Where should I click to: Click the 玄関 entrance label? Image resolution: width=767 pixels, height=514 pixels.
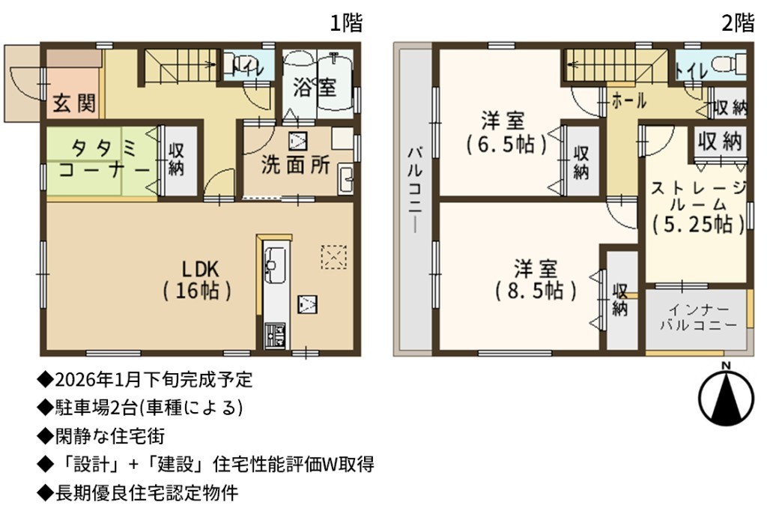(74, 103)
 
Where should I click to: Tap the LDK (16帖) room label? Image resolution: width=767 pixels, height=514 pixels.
(197, 280)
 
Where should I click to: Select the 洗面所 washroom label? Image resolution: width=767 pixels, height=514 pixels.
(295, 165)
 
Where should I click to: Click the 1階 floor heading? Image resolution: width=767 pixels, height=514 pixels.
(346, 22)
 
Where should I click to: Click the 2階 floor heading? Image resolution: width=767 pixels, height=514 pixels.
(738, 22)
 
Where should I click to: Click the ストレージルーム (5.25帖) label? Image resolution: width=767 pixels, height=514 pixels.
(698, 206)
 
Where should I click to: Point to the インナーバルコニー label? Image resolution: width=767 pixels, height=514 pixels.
(699, 318)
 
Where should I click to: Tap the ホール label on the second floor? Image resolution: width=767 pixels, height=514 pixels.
(629, 101)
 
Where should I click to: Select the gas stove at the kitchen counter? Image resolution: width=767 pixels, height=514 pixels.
(275, 336)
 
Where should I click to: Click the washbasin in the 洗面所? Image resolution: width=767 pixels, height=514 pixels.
(346, 179)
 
